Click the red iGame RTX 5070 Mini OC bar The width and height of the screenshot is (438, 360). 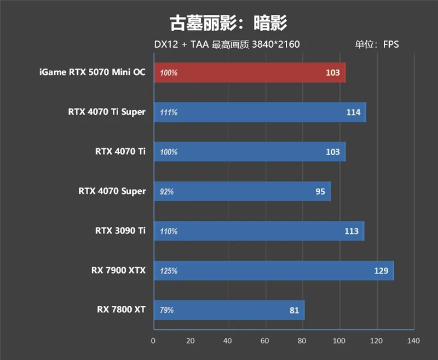point(250,72)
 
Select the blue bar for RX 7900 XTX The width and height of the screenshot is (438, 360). point(274,271)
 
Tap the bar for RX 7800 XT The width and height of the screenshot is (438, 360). point(229,310)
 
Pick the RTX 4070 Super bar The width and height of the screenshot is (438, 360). point(242,191)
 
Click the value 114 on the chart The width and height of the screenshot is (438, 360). point(353,112)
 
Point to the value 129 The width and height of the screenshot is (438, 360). point(381,271)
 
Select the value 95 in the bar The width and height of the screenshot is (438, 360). point(320,191)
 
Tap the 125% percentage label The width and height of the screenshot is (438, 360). point(169,271)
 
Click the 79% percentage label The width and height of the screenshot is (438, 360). point(167,310)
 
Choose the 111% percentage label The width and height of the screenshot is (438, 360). point(169,112)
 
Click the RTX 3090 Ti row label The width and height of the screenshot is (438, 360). point(120,231)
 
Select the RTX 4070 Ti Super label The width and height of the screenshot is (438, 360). point(107,112)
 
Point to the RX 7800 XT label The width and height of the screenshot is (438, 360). point(122,310)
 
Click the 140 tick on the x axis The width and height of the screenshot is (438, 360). point(413,341)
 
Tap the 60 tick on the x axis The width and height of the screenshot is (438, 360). point(265,341)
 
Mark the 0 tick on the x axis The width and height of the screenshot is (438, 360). point(153,341)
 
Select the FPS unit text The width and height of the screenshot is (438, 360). point(391,44)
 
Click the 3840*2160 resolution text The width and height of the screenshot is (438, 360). point(275,44)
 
